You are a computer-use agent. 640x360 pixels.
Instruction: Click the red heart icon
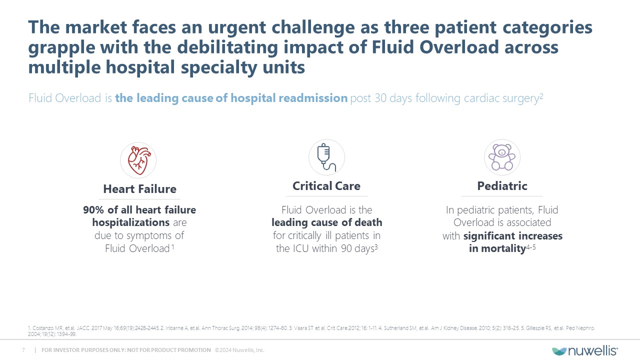(x=139, y=160)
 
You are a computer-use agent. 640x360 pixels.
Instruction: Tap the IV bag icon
(x=326, y=157)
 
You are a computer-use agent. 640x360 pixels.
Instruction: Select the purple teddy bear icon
(x=502, y=157)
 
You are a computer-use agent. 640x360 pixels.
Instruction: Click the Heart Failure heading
(x=139, y=189)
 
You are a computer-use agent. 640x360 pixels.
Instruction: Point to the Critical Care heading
(x=326, y=186)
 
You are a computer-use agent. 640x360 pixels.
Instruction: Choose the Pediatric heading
(x=502, y=186)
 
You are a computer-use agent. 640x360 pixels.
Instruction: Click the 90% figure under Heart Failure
(x=93, y=210)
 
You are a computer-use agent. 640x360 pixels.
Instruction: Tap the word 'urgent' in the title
(x=237, y=27)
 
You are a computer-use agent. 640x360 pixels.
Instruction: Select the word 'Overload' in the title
(x=459, y=47)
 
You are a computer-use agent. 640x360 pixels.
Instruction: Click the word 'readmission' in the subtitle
(x=313, y=98)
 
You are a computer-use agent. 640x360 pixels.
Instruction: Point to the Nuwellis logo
(x=585, y=350)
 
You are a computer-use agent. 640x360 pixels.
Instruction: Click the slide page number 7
(x=23, y=350)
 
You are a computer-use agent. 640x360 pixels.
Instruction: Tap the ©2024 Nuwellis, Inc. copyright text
(x=239, y=350)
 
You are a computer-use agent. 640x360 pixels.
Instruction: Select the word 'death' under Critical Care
(x=368, y=222)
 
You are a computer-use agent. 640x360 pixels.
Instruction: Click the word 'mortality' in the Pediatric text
(x=503, y=248)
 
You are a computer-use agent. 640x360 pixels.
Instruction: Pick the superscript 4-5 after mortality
(x=531, y=247)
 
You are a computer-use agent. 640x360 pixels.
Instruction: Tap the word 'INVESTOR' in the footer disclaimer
(x=66, y=350)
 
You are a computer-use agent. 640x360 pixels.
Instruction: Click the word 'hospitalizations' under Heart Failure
(x=131, y=222)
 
